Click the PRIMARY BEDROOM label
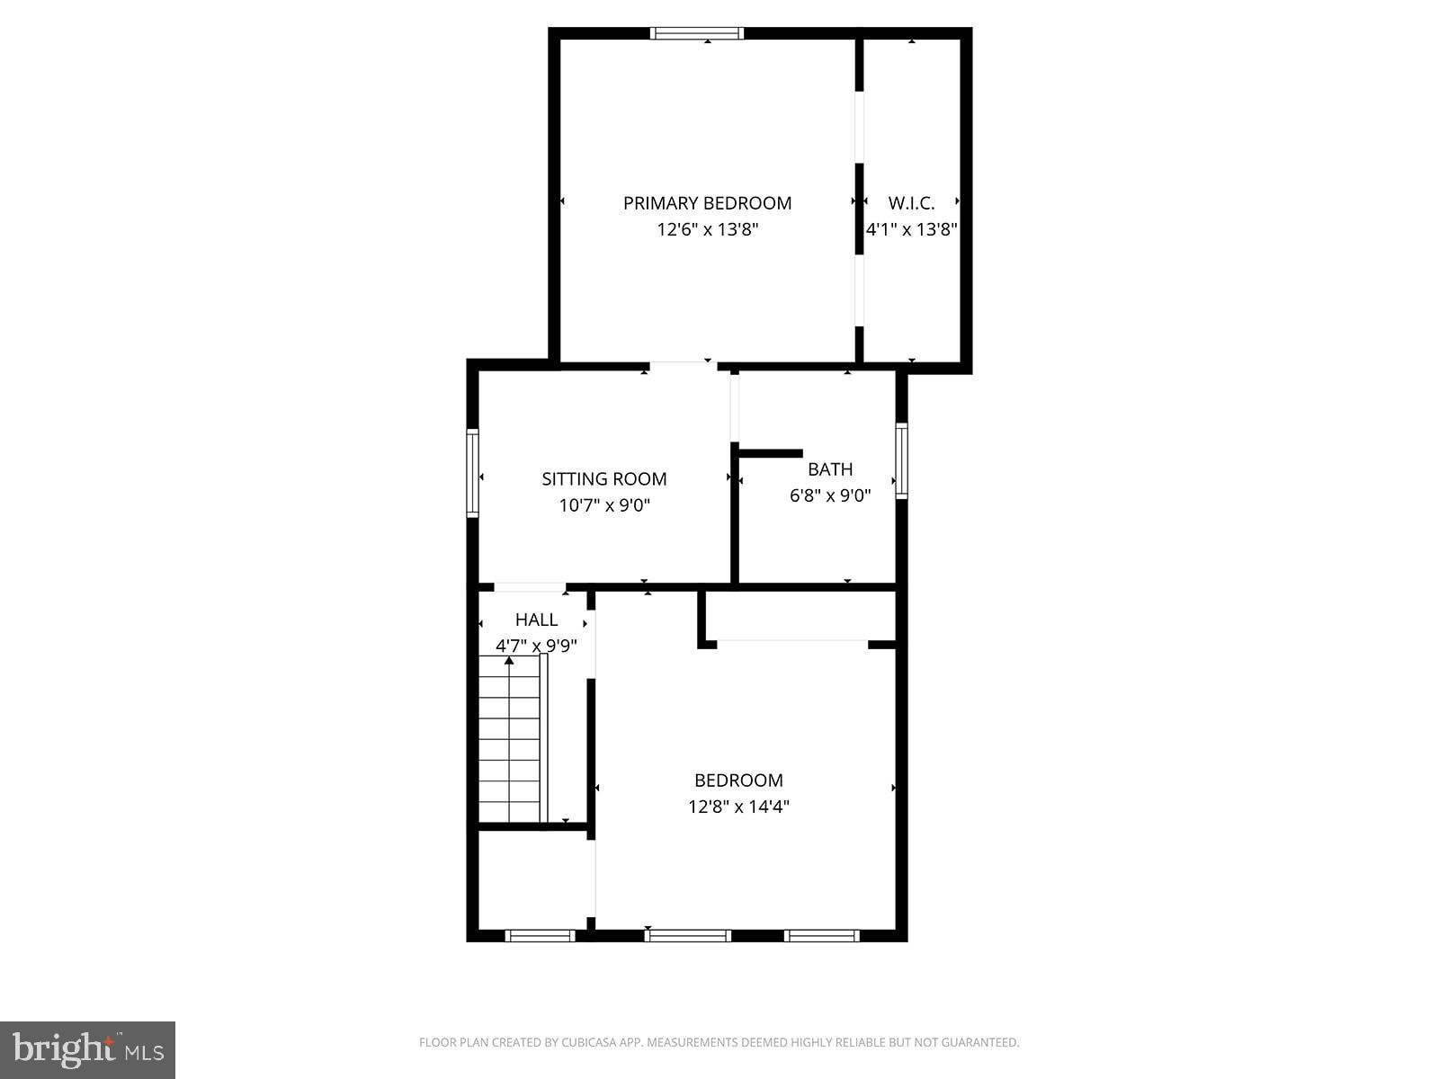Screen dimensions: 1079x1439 [x=707, y=203]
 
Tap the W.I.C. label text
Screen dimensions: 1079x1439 [x=911, y=203]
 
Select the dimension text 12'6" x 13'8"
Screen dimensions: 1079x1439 [x=707, y=229]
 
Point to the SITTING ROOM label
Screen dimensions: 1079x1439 [x=603, y=479]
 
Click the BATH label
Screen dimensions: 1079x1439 [x=829, y=469]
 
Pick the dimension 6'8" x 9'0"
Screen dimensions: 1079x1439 [x=829, y=495]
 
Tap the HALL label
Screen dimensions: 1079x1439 [x=536, y=620]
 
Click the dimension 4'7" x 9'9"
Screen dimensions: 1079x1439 [x=536, y=646]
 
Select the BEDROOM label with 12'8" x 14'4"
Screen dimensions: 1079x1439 [x=738, y=780]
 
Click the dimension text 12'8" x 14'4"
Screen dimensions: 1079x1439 [x=738, y=807]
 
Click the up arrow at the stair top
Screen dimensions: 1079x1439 [x=509, y=662]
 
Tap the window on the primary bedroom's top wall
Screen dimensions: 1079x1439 [x=697, y=34]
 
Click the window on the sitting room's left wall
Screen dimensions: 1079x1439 [x=472, y=473]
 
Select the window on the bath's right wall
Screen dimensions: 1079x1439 [x=901, y=460]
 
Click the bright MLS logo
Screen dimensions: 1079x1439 [x=88, y=1049]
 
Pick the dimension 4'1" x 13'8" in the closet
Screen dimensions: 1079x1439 [x=911, y=229]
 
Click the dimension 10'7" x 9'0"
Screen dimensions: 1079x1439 [x=603, y=505]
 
